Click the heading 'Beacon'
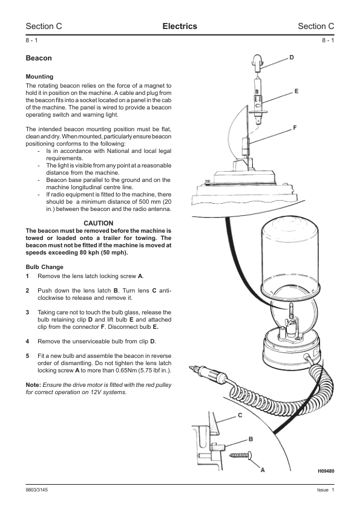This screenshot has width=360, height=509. [x=39, y=58]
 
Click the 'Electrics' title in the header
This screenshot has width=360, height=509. [x=180, y=26]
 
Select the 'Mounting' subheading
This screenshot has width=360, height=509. [x=39, y=77]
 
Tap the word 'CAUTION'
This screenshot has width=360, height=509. [x=99, y=223]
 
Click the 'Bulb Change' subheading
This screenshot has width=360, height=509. [x=45, y=267]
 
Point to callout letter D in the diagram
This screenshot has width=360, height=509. [x=292, y=57]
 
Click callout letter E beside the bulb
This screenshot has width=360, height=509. [x=296, y=91]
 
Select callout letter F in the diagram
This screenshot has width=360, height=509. [x=295, y=128]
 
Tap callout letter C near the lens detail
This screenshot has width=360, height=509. [x=240, y=415]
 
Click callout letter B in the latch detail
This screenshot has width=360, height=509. [x=250, y=439]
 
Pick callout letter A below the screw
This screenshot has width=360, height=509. [x=263, y=470]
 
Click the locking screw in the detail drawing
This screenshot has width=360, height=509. [x=241, y=455]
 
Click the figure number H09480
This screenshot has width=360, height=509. [x=326, y=471]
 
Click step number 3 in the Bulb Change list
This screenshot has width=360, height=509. [x=27, y=313]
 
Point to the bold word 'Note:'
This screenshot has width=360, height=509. [x=33, y=385]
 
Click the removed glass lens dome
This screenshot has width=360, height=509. [x=291, y=253]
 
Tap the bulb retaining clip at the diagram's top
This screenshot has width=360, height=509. [x=257, y=63]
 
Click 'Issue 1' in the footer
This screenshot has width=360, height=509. [x=326, y=490]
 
